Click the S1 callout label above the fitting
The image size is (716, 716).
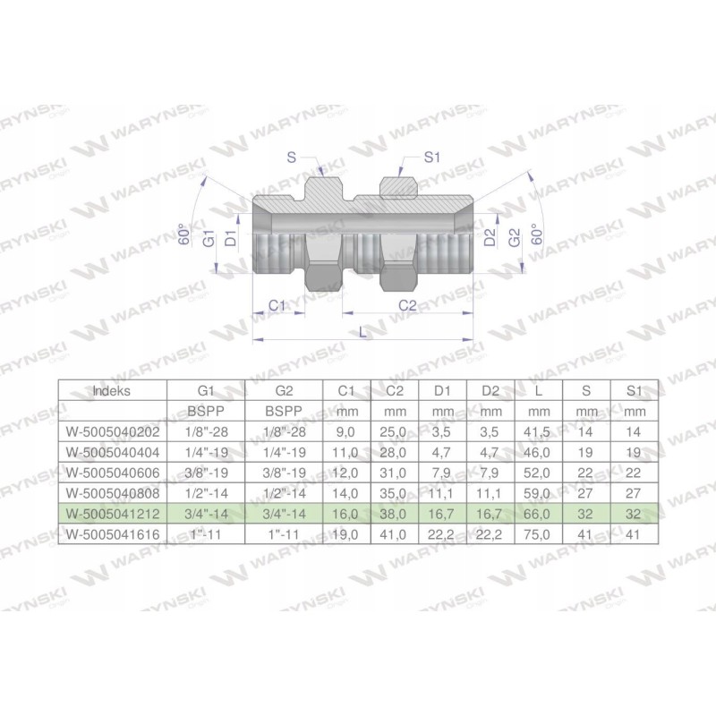[x=433, y=158]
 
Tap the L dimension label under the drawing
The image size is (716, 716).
[x=361, y=331]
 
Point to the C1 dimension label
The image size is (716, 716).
[x=277, y=305]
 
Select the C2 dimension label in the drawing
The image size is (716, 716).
[x=407, y=305]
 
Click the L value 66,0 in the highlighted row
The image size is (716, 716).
[x=537, y=514]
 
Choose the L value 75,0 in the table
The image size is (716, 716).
[x=537, y=534]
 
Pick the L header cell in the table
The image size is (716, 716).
[x=537, y=390]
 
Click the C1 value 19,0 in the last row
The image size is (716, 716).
[x=346, y=534]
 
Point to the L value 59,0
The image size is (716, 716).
[x=537, y=492]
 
